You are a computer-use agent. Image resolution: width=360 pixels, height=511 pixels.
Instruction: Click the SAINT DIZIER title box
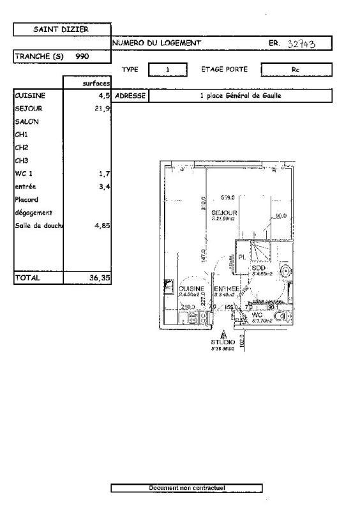(x=62, y=29)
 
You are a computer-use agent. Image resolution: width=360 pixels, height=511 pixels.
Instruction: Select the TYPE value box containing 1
(x=167, y=69)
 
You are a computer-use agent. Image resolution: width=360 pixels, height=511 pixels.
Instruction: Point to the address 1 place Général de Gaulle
(x=240, y=96)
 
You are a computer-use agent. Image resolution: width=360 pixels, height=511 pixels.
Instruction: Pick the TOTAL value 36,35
(x=98, y=278)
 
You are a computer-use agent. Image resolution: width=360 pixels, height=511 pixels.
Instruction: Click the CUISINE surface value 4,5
(x=104, y=96)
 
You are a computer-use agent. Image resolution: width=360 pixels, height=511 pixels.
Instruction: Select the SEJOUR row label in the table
(x=28, y=109)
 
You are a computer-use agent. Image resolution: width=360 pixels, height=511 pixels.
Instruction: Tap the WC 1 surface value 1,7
(x=105, y=173)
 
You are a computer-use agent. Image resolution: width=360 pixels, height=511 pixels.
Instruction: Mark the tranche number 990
(x=82, y=56)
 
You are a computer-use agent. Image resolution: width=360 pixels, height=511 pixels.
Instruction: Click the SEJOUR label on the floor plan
(x=225, y=213)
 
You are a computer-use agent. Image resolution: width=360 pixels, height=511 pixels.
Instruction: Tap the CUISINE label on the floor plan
(x=191, y=289)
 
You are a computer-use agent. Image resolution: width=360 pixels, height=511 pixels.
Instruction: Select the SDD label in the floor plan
(x=259, y=268)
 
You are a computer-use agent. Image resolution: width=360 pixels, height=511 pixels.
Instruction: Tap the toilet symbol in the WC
(x=279, y=316)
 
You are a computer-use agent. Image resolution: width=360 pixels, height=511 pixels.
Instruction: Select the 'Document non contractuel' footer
(x=186, y=488)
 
